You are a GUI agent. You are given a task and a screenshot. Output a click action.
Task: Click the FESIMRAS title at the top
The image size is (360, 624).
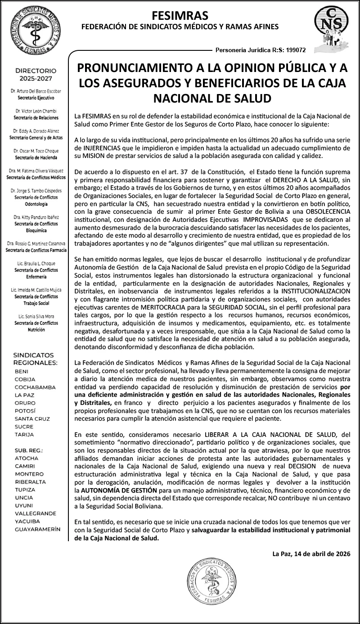pos(180,16)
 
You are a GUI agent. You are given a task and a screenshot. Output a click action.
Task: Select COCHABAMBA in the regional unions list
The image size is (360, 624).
pos(35,387)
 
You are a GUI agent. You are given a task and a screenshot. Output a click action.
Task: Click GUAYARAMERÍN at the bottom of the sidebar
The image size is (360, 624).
pos(37,529)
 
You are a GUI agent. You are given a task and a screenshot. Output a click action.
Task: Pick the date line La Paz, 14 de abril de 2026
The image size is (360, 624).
pos(311,553)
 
